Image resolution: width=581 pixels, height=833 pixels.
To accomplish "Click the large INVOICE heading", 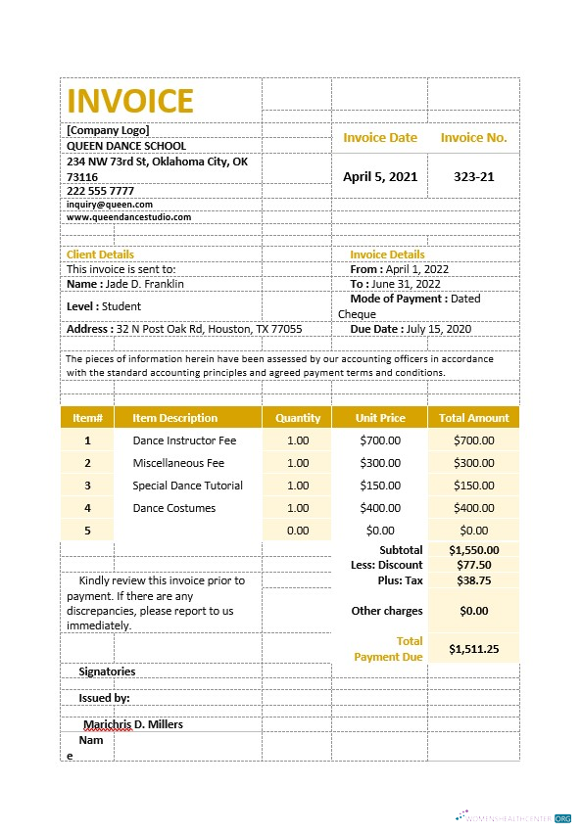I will pos(129,101).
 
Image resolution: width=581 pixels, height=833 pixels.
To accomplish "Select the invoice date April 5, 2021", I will pos(379,176).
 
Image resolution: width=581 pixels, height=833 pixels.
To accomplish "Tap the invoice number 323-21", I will pos(473,176).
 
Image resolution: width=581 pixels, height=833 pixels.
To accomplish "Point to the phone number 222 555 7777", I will pos(100,190).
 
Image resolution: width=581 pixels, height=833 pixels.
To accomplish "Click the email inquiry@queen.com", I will pos(110,205).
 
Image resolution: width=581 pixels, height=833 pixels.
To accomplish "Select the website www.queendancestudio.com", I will pos(128,217).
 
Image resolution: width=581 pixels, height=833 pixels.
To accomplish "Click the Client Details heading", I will pos(100,255).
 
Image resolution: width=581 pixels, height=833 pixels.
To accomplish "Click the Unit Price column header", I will pos(379,418).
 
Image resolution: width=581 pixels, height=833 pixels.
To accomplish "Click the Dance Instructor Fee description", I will pos(184,440).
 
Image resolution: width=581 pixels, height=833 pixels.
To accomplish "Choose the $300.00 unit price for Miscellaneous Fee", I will pos(379,463).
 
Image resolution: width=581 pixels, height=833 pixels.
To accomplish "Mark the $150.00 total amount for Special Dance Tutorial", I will pos(473,486).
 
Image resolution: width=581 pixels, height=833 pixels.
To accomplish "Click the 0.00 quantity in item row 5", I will pos(297,531).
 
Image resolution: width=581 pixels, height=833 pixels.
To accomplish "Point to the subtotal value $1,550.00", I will pos(473,550).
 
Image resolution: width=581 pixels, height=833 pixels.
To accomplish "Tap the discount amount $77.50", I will pos(473,565).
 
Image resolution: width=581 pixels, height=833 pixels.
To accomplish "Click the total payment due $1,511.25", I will pos(473,648).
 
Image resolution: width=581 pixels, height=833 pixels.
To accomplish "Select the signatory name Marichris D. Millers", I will pos(133,724).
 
